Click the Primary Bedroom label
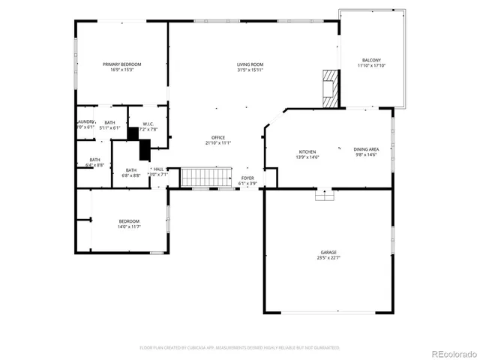coord(121,64)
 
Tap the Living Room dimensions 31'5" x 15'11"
coord(250,70)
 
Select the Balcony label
coord(371,61)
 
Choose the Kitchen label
coord(307,151)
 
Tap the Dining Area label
coord(366,149)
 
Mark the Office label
coord(218,137)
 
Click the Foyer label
coord(247,178)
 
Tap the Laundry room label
coord(85,121)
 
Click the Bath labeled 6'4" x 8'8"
coord(95,160)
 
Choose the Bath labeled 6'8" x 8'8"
coord(131,169)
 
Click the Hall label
coord(158,169)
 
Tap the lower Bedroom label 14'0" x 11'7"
coord(129,221)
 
